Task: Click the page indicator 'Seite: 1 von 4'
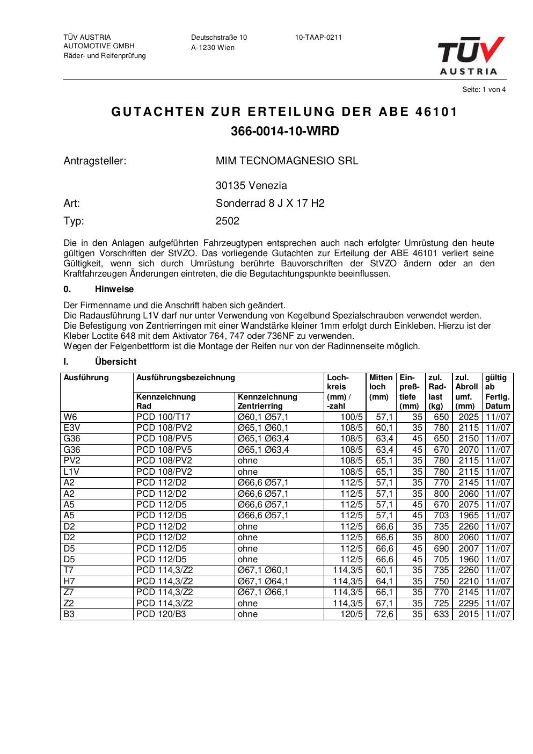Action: coord(484,90)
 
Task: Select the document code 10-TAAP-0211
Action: coord(318,38)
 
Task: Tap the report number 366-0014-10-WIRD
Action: coord(285,132)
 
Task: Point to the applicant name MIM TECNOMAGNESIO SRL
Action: coord(287,161)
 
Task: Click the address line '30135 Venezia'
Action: coord(251,186)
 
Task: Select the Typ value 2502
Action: coord(228,221)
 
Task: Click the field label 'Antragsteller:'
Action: coord(95,161)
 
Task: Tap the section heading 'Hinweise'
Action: coord(114,289)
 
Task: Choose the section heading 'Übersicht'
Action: coord(115,362)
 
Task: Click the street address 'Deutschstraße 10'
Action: coord(219,38)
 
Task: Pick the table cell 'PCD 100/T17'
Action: coord(164,417)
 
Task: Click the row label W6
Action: coord(70,417)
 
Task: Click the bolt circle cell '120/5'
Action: coord(352,614)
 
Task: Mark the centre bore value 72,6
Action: coord(384,614)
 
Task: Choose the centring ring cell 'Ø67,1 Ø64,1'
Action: coord(263,581)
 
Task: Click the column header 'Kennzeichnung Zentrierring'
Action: coord(267,402)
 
